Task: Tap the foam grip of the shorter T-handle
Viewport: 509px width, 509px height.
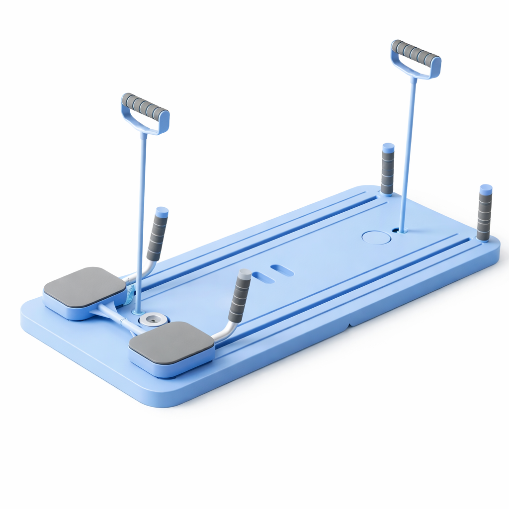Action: (x=145, y=106)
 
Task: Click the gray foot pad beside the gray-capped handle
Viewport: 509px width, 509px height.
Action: (x=171, y=341)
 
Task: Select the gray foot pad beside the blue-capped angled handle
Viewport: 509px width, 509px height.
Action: (x=85, y=287)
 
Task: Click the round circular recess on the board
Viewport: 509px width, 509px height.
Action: (x=376, y=237)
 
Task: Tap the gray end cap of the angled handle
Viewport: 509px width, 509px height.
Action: (x=245, y=274)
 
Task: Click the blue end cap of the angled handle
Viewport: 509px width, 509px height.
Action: (x=162, y=212)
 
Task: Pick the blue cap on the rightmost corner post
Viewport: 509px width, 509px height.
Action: (x=486, y=189)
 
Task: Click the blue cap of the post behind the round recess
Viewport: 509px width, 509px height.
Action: (x=388, y=148)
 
